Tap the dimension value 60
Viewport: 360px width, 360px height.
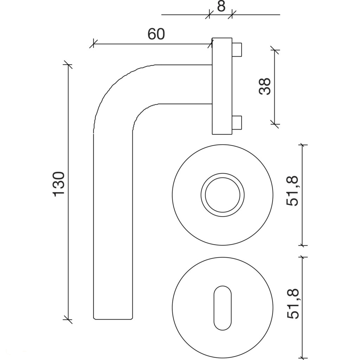point(156,34)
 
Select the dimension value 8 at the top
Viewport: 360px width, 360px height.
point(221,6)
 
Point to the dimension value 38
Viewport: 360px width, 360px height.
point(264,86)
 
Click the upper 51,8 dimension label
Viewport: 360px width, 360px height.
point(292,191)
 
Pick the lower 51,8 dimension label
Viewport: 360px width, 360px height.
point(292,304)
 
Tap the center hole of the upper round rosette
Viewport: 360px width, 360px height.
point(223,195)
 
